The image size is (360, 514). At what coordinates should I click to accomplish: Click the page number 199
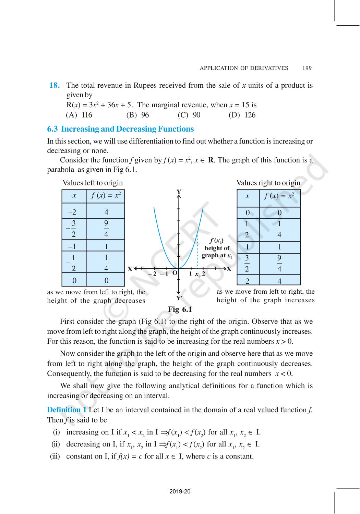point(307,68)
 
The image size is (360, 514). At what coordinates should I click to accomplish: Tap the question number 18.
point(54,85)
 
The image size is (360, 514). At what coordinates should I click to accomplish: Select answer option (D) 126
point(242,115)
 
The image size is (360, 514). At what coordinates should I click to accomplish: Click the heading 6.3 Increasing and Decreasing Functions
point(120,129)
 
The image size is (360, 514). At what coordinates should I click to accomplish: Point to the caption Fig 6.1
point(180,309)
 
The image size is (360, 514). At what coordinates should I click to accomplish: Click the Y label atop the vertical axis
point(179,192)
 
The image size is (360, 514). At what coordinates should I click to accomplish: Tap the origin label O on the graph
point(175,273)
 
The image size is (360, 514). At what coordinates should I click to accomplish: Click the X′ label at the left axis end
point(131,269)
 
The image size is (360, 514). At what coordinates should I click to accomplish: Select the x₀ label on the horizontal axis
point(197,274)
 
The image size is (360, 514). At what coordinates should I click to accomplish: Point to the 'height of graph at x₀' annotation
point(217,248)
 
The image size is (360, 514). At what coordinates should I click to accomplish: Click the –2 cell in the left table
point(74,212)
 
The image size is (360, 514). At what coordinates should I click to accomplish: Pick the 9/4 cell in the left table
point(106,229)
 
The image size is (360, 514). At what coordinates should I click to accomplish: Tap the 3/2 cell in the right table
point(247,264)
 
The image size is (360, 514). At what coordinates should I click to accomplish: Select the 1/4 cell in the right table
point(279,229)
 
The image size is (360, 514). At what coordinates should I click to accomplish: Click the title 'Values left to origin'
point(93,183)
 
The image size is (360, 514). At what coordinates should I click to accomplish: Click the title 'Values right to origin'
point(268,183)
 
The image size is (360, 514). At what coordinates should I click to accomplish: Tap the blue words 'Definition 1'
point(67,410)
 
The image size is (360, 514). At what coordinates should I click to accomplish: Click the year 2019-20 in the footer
point(180,492)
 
